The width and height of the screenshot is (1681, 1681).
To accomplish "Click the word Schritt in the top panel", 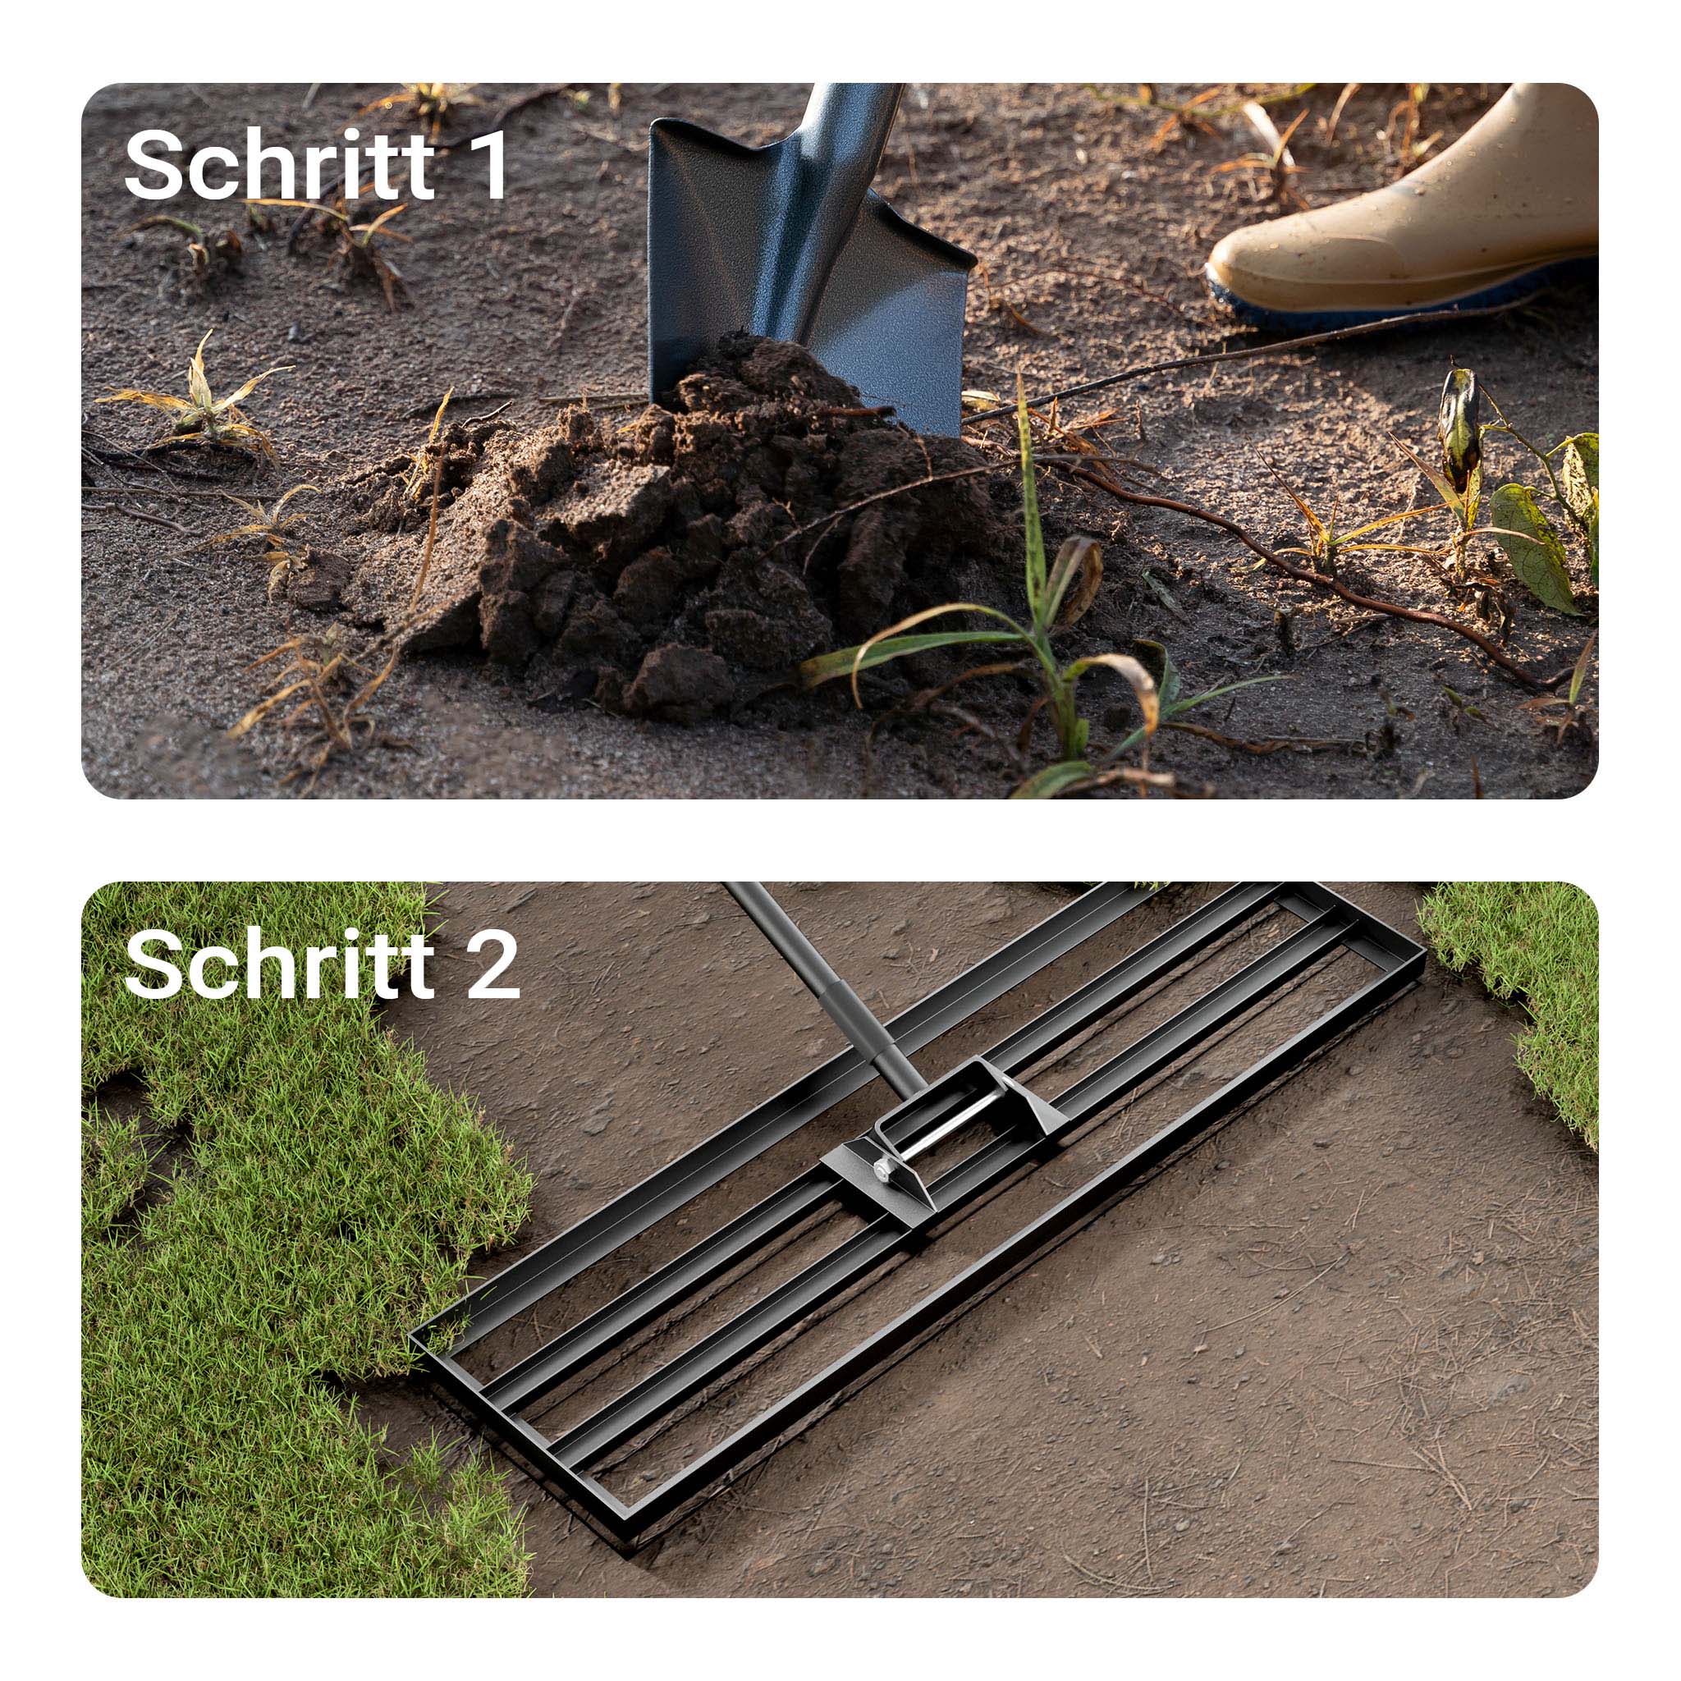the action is coord(278,163).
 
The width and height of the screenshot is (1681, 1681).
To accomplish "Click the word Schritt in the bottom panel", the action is coord(278,963).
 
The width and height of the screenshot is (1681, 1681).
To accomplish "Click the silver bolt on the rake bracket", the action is coord(883,1169).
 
